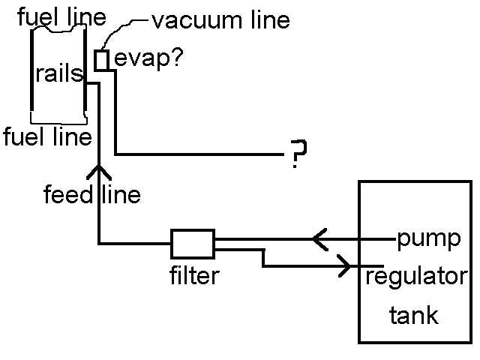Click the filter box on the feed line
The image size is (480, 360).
(193, 243)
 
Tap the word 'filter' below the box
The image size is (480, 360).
(194, 276)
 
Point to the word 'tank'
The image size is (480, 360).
(413, 316)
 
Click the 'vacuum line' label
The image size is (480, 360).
(220, 20)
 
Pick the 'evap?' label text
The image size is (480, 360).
(142, 59)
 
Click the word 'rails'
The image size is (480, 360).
(58, 73)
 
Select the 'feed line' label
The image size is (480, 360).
(91, 195)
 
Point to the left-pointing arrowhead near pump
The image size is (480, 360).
(318, 239)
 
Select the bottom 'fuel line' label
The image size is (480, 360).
(46, 137)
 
